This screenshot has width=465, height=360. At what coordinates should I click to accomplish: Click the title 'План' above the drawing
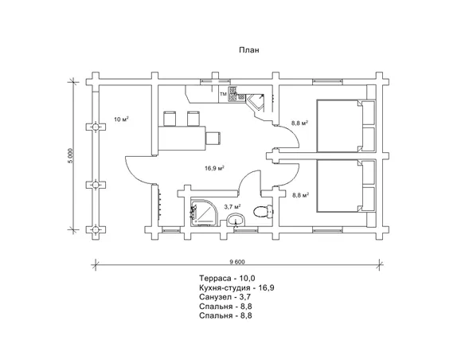click(249, 50)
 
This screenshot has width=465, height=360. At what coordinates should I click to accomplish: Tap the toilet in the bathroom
click(264, 212)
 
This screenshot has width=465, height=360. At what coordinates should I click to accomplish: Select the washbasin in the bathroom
click(236, 220)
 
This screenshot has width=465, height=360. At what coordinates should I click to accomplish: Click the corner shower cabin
click(204, 211)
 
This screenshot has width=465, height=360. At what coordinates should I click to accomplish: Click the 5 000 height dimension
click(70, 155)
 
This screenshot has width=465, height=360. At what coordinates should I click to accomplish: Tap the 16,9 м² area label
click(214, 168)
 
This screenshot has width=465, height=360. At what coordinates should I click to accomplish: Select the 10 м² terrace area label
click(121, 119)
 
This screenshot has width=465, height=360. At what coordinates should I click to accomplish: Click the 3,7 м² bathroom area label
click(232, 206)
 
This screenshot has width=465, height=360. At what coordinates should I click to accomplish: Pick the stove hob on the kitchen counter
click(233, 94)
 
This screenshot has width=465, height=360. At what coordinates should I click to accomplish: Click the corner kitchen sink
click(256, 103)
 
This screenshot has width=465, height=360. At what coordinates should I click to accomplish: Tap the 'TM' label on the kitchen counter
click(223, 94)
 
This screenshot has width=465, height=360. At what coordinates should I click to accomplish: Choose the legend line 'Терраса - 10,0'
click(227, 278)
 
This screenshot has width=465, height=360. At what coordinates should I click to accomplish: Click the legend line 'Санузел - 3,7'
click(225, 297)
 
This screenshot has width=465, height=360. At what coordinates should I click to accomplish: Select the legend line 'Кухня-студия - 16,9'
click(236, 288)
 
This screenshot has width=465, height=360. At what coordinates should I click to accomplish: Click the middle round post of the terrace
click(96, 185)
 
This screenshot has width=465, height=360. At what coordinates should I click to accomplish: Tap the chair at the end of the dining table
click(213, 138)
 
